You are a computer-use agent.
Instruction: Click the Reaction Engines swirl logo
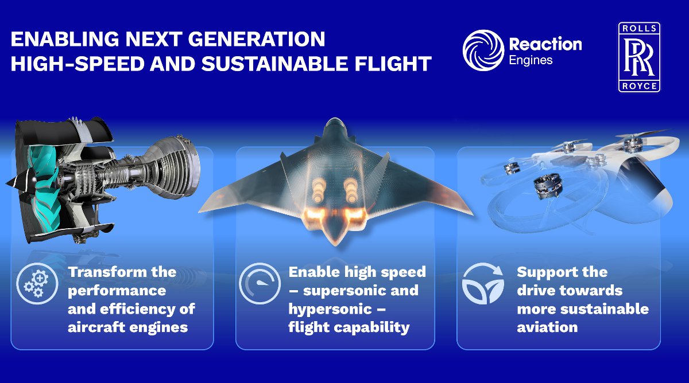tap(483, 50)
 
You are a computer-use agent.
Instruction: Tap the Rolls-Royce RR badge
tap(639, 57)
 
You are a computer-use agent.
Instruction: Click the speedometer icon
tap(260, 283)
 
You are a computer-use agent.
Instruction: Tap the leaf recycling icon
tap(483, 283)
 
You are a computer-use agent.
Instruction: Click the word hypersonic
tap(330, 309)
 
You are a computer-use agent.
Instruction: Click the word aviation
tap(547, 327)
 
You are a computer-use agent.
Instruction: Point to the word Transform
tap(107, 272)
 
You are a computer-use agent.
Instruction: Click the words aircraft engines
tap(127, 327)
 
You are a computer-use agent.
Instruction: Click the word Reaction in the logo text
tap(545, 45)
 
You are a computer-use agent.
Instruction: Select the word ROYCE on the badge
tap(639, 85)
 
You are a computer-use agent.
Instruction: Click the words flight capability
tap(349, 327)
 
